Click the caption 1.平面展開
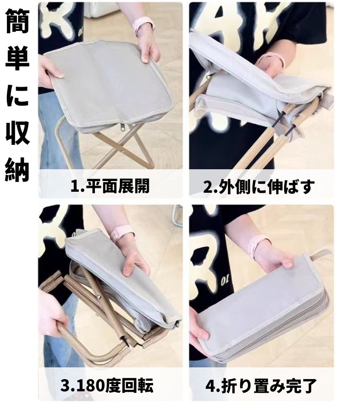110,186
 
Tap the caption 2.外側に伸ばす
259,186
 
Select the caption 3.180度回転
107,385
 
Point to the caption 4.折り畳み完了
261,385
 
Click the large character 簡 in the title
17,21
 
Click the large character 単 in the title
17,58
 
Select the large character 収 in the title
17,132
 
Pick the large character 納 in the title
17,169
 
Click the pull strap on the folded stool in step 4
320,254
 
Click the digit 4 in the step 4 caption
209,386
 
